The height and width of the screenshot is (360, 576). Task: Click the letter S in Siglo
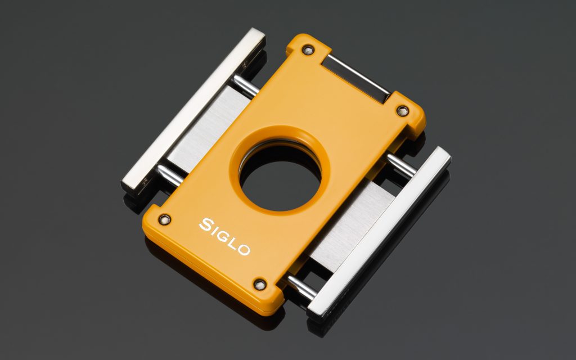(x=206, y=224)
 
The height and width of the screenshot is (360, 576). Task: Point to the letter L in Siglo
(x=235, y=242)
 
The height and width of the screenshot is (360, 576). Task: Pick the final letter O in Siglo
(x=245, y=249)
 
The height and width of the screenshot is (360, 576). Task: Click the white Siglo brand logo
(x=225, y=236)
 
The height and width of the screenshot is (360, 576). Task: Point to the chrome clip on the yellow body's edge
(x=357, y=78)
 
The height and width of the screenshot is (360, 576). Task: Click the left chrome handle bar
(x=193, y=112)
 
